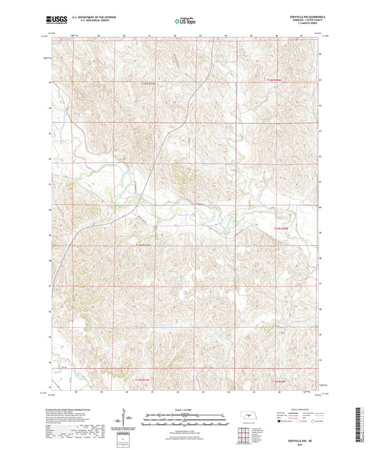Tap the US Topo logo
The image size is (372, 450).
coord(185,22)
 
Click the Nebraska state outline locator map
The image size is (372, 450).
coord(247,414)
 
